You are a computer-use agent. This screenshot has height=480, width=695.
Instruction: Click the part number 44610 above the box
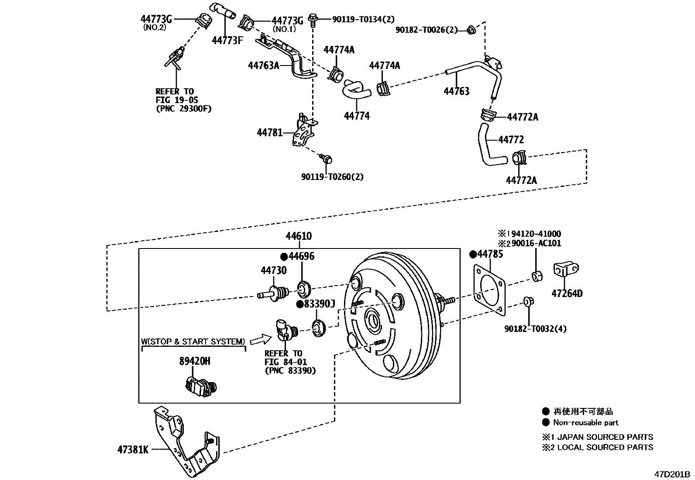point(299,236)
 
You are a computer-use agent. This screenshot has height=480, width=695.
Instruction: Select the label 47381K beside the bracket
point(132,449)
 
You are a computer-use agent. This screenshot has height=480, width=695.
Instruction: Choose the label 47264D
point(567,294)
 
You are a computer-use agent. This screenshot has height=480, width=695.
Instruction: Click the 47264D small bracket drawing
point(565,269)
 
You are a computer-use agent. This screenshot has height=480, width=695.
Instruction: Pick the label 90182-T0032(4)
point(535,329)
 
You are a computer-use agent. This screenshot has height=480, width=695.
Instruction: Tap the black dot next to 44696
point(284,256)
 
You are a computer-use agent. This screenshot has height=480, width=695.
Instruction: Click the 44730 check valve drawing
point(274,293)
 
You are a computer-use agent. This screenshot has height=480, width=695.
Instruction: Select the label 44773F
point(227,41)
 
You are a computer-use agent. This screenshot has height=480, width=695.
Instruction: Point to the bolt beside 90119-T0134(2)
point(313,20)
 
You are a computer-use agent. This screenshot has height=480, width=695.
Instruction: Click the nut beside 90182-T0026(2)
point(471,30)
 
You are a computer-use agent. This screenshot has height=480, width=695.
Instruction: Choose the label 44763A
point(263,66)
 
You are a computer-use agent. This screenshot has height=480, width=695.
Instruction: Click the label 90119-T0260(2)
point(332,177)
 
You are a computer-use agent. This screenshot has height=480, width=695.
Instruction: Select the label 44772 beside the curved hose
point(511,140)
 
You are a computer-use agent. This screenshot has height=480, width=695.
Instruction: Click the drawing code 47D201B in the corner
point(671,474)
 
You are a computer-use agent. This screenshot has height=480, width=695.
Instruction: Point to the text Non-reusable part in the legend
point(585,422)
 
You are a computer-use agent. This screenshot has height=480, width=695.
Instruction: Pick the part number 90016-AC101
point(536,243)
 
